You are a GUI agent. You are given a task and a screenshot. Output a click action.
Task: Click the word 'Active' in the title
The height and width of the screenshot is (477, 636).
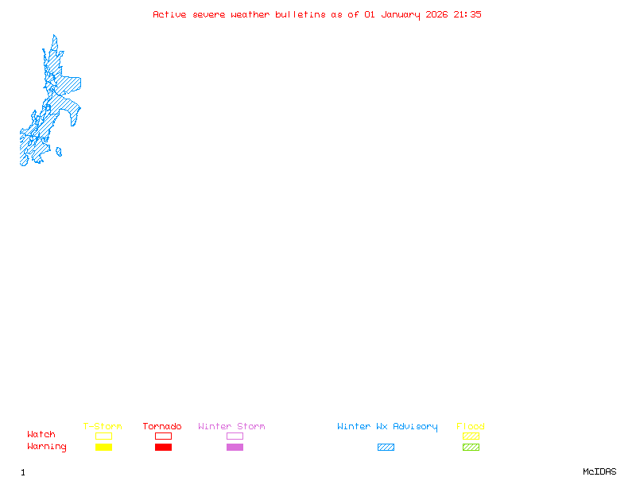[170, 14]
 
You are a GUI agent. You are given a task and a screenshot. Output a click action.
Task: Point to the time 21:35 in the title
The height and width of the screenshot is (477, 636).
[467, 14]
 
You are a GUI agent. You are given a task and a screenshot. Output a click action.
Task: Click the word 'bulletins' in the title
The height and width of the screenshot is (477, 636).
[301, 14]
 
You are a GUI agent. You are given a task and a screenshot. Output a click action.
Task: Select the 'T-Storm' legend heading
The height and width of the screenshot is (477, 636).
[103, 426]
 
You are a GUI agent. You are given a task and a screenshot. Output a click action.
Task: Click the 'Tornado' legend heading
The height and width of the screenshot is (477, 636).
[162, 426]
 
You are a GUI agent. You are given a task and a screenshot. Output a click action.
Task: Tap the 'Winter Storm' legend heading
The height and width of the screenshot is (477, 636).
[231, 426]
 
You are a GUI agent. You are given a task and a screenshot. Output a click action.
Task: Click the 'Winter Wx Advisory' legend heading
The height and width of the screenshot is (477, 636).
[387, 426]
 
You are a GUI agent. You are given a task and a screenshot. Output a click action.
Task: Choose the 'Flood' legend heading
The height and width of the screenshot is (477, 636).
[471, 426]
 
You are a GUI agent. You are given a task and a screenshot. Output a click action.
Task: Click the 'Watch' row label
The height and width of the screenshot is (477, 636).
[41, 435]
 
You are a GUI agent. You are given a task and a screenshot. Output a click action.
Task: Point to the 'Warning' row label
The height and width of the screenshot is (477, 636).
[47, 447]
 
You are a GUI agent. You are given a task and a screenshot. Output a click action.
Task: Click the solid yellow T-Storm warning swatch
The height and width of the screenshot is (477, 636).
[103, 448]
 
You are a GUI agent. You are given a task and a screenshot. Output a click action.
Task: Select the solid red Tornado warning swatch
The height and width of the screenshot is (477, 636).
[163, 448]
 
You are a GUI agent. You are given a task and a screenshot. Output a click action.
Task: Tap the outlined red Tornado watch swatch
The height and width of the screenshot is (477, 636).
[163, 436]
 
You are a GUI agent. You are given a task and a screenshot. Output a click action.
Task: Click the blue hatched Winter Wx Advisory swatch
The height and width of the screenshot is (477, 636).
[386, 448]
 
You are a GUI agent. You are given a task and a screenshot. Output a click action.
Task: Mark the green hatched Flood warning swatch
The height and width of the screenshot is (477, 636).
[471, 448]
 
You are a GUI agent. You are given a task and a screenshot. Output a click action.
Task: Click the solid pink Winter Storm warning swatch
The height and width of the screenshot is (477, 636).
[235, 448]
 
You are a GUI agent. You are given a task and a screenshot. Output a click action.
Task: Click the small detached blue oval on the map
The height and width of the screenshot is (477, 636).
[59, 152]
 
